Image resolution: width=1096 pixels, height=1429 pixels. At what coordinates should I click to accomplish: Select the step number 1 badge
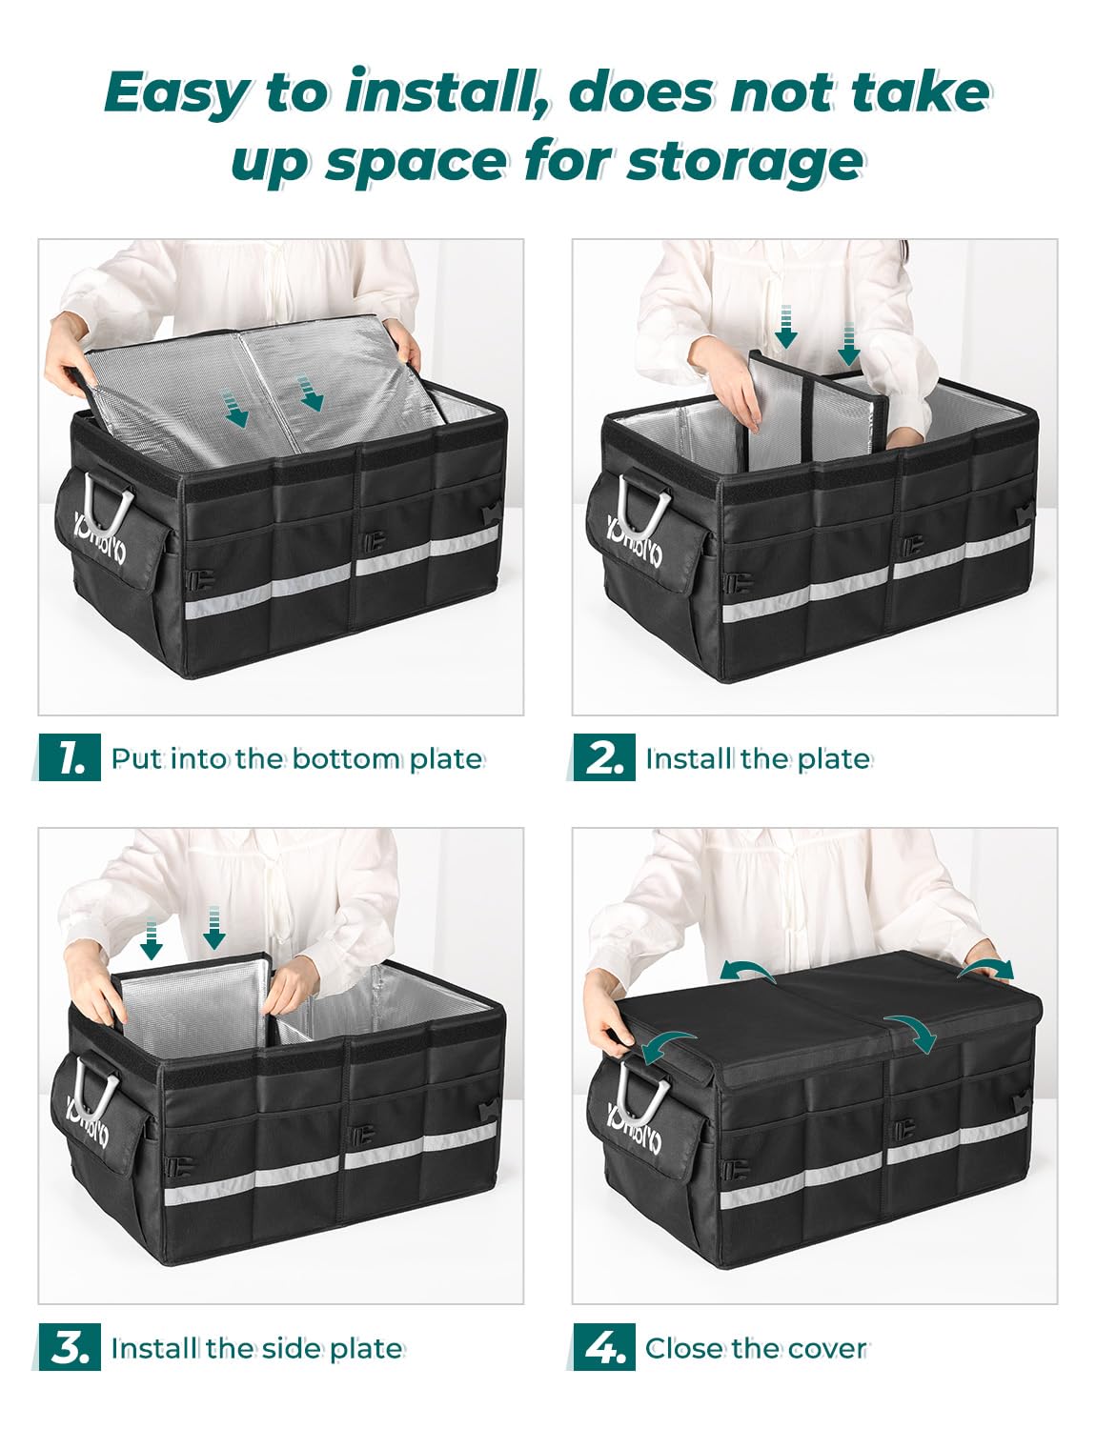pos(69,758)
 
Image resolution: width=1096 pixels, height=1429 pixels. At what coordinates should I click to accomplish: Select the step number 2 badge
pos(603,758)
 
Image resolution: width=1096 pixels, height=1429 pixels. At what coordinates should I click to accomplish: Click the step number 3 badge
pos(69,1348)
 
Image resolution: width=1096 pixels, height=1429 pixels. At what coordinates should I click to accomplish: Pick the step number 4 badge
pos(603,1348)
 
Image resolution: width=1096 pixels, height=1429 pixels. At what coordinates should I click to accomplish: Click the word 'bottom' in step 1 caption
pos(346,758)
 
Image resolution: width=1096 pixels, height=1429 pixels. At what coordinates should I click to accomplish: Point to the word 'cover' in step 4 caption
pos(828,1348)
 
